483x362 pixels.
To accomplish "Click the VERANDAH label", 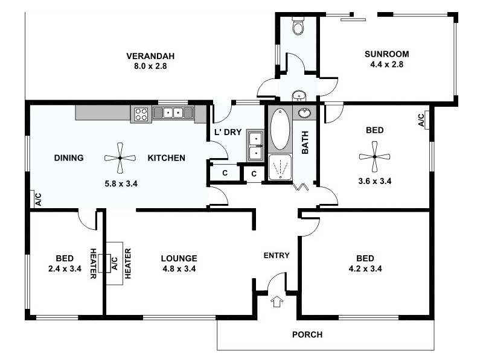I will [x=146, y=57].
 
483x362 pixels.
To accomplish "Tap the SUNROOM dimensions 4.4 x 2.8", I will [x=386, y=65].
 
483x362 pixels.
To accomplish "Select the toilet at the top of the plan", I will [x=298, y=27].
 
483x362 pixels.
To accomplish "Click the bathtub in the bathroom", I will [x=280, y=129].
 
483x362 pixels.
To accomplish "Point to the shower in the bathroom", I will [x=280, y=168].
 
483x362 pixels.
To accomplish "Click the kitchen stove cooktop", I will [x=141, y=114].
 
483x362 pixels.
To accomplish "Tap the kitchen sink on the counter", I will [x=173, y=112].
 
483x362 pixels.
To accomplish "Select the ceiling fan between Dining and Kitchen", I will [x=120, y=158].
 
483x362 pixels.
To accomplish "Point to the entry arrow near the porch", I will [x=277, y=301].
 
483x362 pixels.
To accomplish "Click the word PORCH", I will [x=307, y=335].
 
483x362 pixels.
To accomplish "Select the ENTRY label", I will [x=277, y=255].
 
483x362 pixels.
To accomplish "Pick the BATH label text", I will [x=305, y=142].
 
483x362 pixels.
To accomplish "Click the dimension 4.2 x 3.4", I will [x=365, y=269].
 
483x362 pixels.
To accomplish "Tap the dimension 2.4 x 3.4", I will [x=64, y=269].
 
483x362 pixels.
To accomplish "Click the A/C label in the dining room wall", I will [x=38, y=199].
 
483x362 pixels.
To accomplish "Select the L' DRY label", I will [x=227, y=132].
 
